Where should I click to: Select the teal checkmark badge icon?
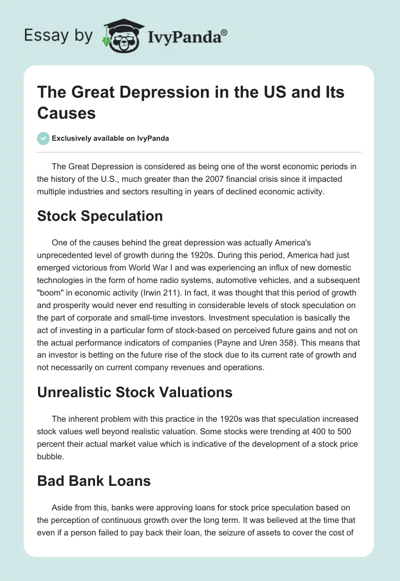(43, 138)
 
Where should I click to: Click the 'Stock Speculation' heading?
(100, 216)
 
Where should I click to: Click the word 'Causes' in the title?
(66, 113)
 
